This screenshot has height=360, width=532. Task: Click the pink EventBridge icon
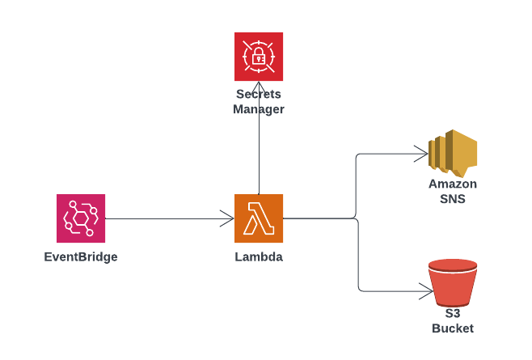pos(81,218)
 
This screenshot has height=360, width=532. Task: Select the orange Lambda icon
pos(259,218)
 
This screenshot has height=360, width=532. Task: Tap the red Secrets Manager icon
pos(259,57)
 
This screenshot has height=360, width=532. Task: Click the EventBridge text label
pos(81,257)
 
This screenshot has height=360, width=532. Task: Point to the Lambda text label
pos(259,257)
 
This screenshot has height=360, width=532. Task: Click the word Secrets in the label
pos(259,95)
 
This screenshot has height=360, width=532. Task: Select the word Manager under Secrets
pos(259,109)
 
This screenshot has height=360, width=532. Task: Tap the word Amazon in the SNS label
pos(453,184)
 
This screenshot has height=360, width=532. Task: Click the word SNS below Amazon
pos(453,198)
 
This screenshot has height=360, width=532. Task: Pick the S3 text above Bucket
pos(453,313)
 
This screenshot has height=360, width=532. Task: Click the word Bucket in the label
pos(453,328)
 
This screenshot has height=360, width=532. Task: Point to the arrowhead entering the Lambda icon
pos(228,218)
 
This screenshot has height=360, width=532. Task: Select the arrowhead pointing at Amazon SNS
pos(422,153)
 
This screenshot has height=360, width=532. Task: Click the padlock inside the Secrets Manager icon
pos(259,57)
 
